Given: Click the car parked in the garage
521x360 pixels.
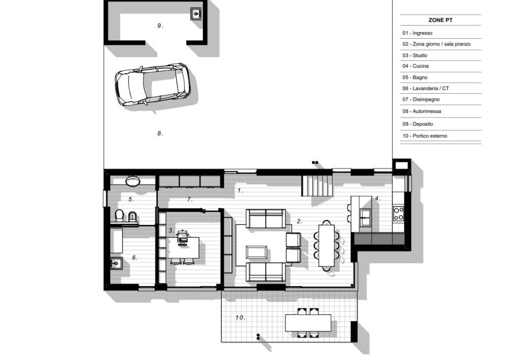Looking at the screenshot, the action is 153,85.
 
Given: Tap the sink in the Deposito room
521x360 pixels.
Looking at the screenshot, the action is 196,14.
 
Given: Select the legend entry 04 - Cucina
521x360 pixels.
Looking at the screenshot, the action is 415,66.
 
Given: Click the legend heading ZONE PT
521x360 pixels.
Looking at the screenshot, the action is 440,20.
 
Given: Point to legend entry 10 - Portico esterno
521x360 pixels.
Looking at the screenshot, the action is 425,136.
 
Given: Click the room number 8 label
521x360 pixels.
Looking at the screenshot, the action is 160,133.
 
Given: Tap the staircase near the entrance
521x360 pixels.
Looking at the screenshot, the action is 317,186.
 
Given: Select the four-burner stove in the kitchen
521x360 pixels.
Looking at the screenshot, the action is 398,213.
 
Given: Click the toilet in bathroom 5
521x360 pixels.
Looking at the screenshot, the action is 119,215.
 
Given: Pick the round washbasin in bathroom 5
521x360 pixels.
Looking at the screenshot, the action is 133,181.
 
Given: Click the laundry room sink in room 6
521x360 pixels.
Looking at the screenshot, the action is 116,263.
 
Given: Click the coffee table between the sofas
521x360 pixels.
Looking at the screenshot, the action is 256,252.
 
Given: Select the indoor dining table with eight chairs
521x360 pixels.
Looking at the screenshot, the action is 327,245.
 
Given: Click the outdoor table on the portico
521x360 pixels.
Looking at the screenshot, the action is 308,323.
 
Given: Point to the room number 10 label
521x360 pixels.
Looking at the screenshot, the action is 240,318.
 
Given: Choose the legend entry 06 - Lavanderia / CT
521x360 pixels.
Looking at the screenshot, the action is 426,89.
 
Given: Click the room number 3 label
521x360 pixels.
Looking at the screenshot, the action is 171,231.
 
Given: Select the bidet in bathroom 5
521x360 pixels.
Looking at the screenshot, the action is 132,216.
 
